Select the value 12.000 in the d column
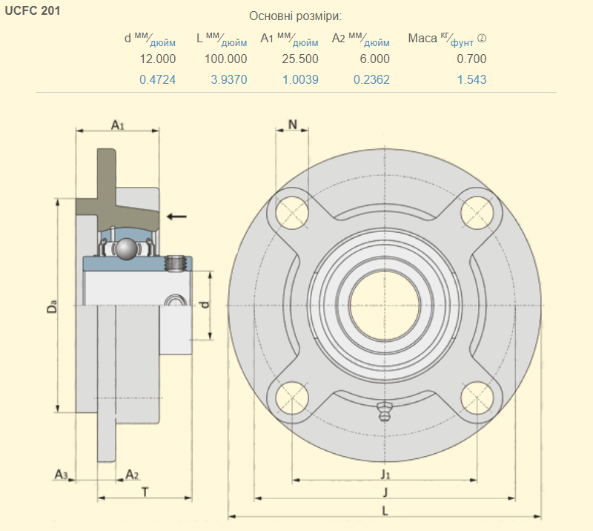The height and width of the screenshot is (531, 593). click(157, 59)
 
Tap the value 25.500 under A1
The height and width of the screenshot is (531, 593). click(300, 59)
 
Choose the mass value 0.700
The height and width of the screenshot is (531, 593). click(471, 59)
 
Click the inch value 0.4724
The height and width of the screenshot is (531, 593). click(157, 79)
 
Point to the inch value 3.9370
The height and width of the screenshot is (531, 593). click(228, 79)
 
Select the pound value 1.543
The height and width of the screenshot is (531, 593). click(471, 79)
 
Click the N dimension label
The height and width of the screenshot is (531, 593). click(293, 125)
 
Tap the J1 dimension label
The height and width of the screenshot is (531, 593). click(385, 473)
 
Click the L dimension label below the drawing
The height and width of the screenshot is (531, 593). click(385, 510)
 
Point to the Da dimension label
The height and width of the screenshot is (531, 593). click(51, 306)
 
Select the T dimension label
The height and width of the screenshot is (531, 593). click(145, 491)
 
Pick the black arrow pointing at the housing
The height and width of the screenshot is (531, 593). click(176, 216)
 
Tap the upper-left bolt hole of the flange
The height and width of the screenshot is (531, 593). click(292, 212)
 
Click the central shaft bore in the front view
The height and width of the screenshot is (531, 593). click(385, 305)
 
